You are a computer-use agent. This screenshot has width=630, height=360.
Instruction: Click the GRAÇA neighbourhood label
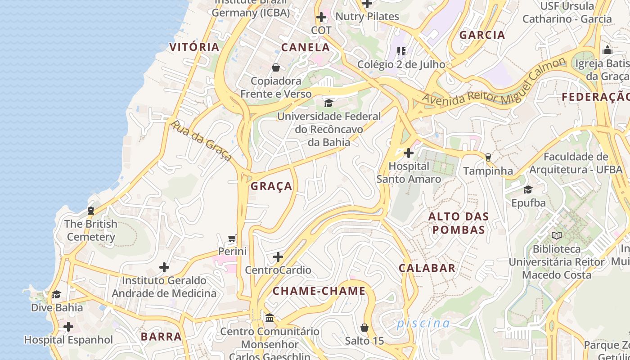click(271, 186)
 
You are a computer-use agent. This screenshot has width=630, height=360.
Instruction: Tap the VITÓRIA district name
click(194, 47)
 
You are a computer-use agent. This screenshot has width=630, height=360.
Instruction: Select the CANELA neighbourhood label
click(306, 47)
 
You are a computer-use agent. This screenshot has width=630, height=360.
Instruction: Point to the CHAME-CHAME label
click(319, 291)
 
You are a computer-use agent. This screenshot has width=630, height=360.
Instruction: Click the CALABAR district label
click(427, 268)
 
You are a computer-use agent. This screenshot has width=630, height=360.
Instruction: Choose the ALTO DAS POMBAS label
click(458, 223)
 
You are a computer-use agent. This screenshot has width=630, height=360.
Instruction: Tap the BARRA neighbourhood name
click(161, 337)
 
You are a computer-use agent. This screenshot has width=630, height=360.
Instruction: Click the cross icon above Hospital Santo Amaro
click(409, 153)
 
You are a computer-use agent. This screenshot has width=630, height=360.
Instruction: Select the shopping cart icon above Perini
click(232, 238)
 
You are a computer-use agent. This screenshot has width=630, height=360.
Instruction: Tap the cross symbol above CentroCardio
click(278, 257)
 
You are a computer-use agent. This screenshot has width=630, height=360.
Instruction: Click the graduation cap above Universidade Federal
click(329, 103)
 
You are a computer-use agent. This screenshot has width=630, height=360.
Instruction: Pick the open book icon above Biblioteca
click(557, 235)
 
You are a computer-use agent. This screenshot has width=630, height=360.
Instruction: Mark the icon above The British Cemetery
click(91, 210)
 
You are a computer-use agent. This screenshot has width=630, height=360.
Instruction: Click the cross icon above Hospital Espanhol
click(68, 326)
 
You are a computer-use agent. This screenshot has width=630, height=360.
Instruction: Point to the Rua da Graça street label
click(201, 141)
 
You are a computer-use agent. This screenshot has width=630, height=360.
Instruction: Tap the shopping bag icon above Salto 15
click(364, 327)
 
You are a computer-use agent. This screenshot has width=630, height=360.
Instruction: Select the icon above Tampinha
click(488, 157)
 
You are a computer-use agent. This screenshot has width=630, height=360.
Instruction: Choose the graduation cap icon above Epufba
click(528, 189)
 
